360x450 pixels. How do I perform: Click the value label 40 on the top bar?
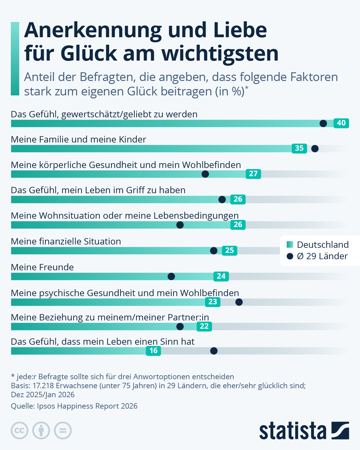[x=341, y=123]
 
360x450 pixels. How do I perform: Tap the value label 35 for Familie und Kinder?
[x=299, y=148]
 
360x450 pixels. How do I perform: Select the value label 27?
[x=253, y=174]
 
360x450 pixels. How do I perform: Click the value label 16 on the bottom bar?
[x=153, y=351]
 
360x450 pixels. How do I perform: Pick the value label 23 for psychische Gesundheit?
[x=213, y=302]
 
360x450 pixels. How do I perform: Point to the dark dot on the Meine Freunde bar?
[x=171, y=276]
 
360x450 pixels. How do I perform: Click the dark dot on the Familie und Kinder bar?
[x=315, y=148]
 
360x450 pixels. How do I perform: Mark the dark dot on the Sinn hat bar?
[x=214, y=351]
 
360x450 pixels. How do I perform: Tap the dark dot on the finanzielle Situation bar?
[x=214, y=250]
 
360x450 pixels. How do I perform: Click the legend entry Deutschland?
[x=322, y=245]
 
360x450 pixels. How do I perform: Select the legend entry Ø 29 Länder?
[x=322, y=256]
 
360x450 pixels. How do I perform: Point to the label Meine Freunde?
[x=42, y=267]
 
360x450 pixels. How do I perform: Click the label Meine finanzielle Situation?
[x=66, y=241]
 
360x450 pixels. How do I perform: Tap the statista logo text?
[x=293, y=431]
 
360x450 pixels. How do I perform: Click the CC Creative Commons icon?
[x=19, y=430]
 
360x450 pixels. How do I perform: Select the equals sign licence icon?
[x=63, y=430]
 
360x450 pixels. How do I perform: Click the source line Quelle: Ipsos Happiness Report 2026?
[x=74, y=406]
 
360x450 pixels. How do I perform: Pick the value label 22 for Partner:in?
[x=204, y=326]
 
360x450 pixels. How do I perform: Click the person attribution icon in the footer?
[x=41, y=430]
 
